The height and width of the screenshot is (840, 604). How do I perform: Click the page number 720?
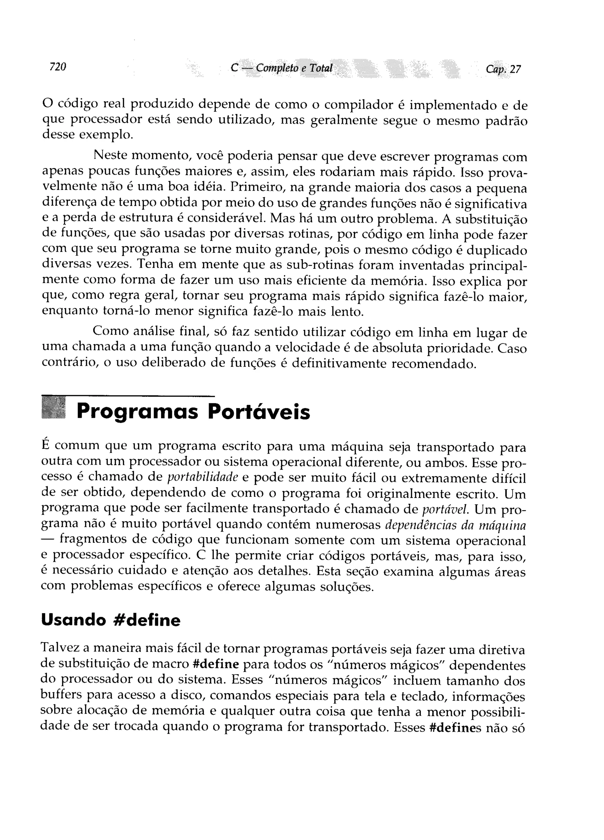coord(58,67)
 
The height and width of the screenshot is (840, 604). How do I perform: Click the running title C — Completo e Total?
coord(281,68)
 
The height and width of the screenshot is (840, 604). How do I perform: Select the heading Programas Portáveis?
coord(193,412)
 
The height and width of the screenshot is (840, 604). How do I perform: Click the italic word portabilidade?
coord(203,478)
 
